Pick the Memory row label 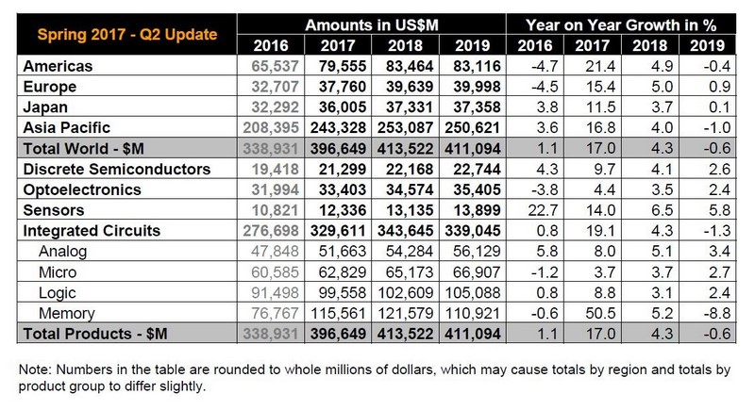coord(68,313)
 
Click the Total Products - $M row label coord(89,334)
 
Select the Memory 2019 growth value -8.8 coord(711,313)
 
